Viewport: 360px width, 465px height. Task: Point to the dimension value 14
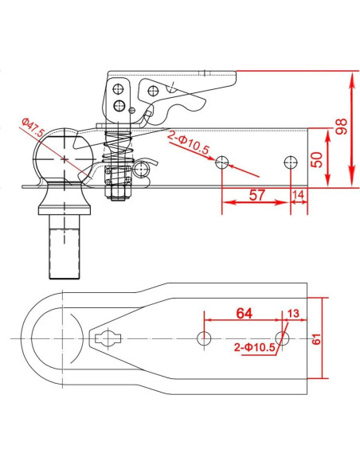(x=299, y=195)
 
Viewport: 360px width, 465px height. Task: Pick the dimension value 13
(x=292, y=314)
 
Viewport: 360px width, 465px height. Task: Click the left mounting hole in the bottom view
(x=205, y=338)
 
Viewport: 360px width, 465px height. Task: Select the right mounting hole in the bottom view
(x=281, y=338)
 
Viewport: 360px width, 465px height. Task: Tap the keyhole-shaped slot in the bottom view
(x=107, y=338)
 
